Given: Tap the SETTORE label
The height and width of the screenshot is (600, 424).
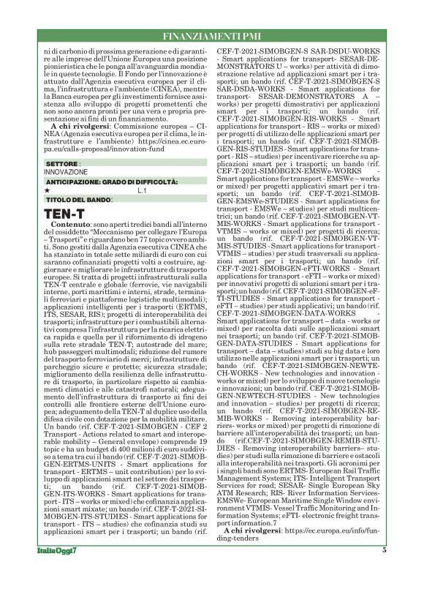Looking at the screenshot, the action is point(58,162).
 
